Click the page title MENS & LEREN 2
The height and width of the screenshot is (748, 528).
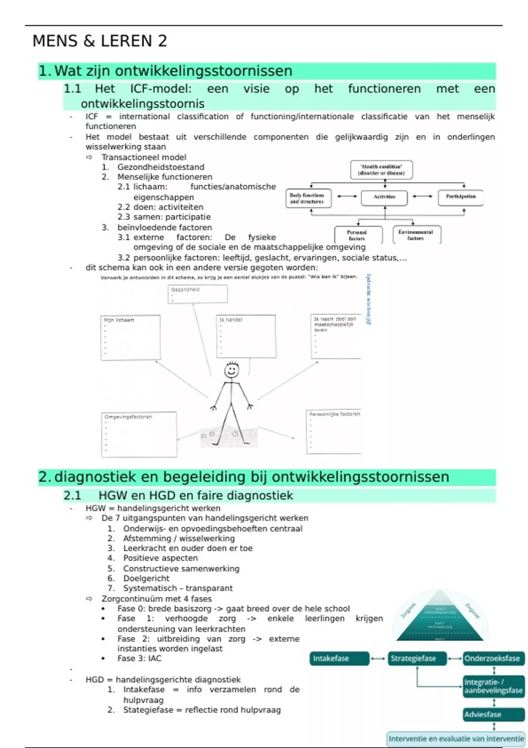point(100,41)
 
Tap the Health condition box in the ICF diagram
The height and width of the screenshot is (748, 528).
point(381,170)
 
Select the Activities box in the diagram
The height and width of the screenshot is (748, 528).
point(384,197)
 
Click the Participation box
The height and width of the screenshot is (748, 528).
point(460,197)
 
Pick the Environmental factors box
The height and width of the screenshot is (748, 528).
point(416,235)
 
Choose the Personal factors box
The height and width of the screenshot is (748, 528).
point(356,235)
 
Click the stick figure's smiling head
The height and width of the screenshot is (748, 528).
point(231,370)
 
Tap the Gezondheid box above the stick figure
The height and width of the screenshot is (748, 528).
point(198,294)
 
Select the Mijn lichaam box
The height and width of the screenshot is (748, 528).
point(130,338)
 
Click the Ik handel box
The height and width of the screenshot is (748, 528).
point(246,336)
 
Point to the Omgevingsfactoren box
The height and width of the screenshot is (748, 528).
point(139,435)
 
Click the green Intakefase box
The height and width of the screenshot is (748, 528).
point(339,659)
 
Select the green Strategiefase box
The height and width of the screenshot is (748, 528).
point(417,659)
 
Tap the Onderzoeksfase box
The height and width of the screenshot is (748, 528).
point(494,659)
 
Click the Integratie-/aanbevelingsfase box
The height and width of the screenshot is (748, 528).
point(494,686)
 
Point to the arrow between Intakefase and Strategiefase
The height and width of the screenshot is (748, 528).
point(378,659)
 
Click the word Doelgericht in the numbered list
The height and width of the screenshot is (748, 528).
point(146,579)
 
